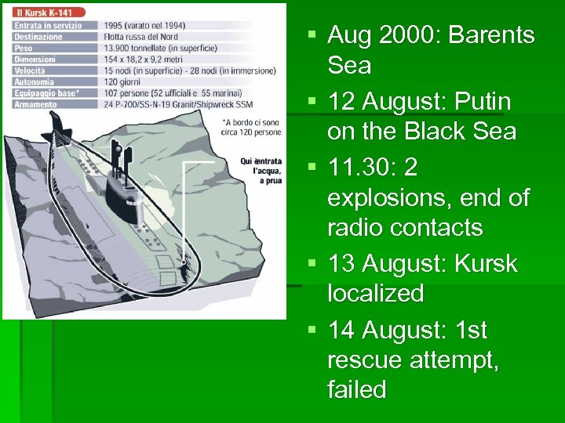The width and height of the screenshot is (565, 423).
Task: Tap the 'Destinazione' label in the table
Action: pyautogui.click(x=38, y=37)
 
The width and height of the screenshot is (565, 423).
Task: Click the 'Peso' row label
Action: pyautogui.click(x=23, y=48)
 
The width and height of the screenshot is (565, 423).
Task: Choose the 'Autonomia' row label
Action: pyautogui.click(x=34, y=81)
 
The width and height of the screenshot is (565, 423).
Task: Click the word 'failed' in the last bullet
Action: pyautogui.click(x=357, y=389)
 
